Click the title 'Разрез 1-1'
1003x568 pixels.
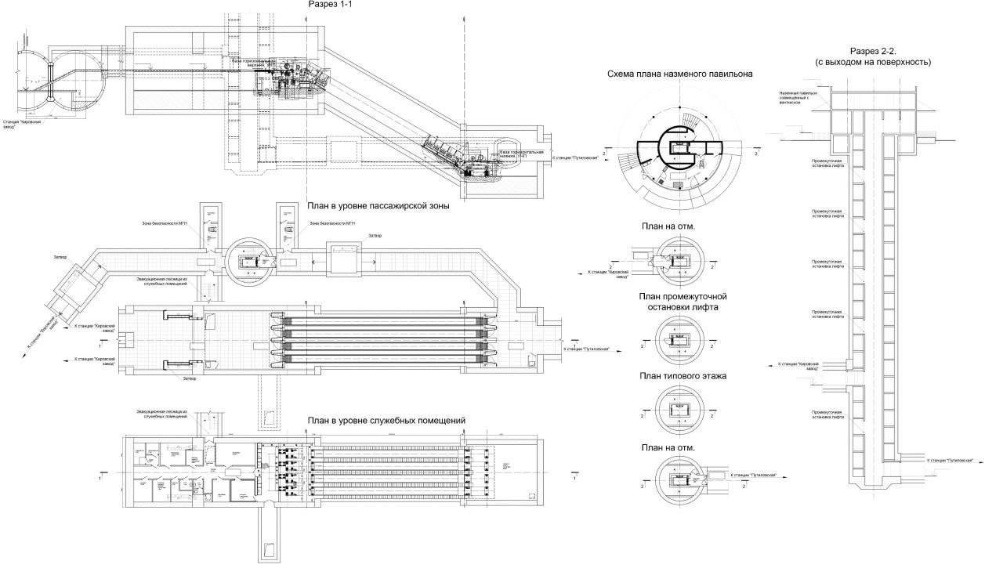[x=331, y=5]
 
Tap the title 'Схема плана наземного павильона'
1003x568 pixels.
[x=679, y=74]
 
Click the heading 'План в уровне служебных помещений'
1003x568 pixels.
[x=387, y=421]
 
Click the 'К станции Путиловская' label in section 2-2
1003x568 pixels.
[x=949, y=461]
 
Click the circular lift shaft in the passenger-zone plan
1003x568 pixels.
[x=251, y=261]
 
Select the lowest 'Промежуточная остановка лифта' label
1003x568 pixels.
[x=828, y=414]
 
